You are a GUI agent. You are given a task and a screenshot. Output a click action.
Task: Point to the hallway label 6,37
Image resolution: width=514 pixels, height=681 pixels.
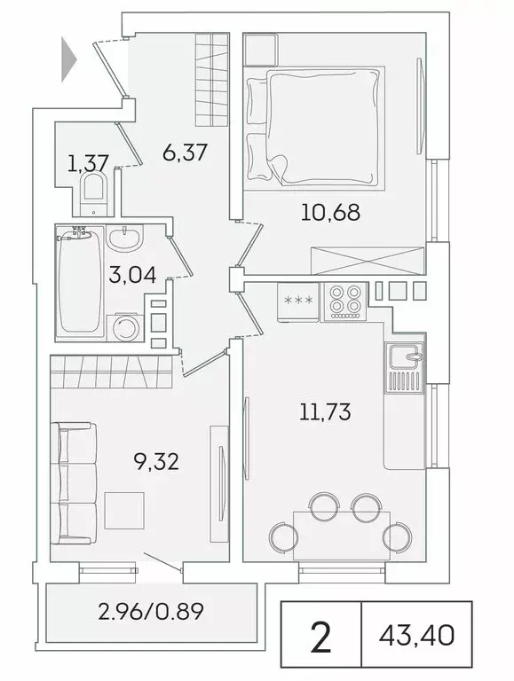click(x=185, y=153)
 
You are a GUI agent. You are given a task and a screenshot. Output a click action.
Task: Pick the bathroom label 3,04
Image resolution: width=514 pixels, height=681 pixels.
click(x=133, y=274)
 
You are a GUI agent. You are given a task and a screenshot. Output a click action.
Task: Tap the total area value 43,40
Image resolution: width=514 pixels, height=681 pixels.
click(x=415, y=635)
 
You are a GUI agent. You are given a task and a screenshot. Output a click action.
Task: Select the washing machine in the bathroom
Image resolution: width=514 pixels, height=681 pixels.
click(x=125, y=329)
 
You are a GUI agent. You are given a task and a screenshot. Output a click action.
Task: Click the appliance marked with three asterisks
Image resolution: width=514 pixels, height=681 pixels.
click(x=297, y=300)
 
